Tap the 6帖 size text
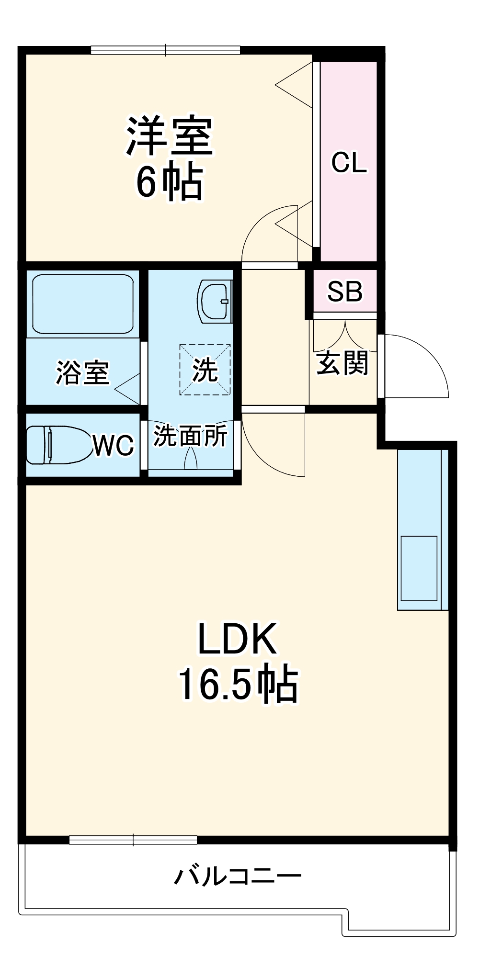pos(169,182)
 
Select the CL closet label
pos(349,163)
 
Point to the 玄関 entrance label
pos(342,363)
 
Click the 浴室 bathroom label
pos(82,372)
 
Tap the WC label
pos(113,446)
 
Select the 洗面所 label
pos(190,436)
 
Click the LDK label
pos(238,639)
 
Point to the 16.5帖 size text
pos(238,685)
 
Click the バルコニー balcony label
pos(238,877)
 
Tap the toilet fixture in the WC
pos(57,445)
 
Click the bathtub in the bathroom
pos(82,304)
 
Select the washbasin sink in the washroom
pos(214,301)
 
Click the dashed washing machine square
pos(205,370)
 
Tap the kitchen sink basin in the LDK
pos(419,568)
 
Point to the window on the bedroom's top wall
pos(165,50)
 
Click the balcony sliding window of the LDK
pos(133,840)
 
